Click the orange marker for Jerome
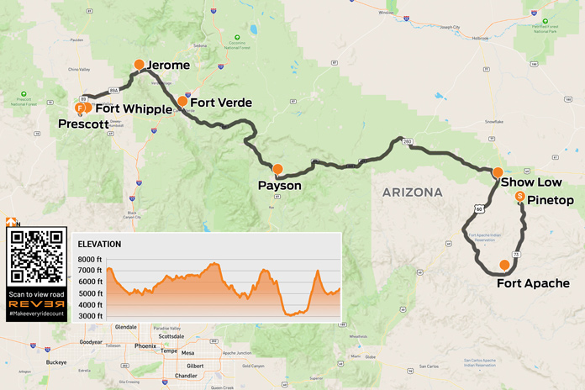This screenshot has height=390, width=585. [x=140, y=65]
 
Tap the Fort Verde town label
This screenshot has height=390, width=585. [x=221, y=103]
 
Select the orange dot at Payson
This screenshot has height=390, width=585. [x=278, y=170]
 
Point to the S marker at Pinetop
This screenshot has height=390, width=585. [x=520, y=197]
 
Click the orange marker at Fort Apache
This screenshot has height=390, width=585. [x=504, y=266]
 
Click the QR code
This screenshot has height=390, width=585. [x=35, y=256]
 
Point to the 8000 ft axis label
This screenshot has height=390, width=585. [x=91, y=260]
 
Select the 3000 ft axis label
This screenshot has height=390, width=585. [x=91, y=315]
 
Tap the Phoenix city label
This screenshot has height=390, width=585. [x=145, y=345]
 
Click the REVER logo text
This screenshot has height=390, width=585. [x=35, y=303]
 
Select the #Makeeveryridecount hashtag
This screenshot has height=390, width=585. [x=35, y=314]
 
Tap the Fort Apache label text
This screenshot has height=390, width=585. [x=540, y=283]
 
